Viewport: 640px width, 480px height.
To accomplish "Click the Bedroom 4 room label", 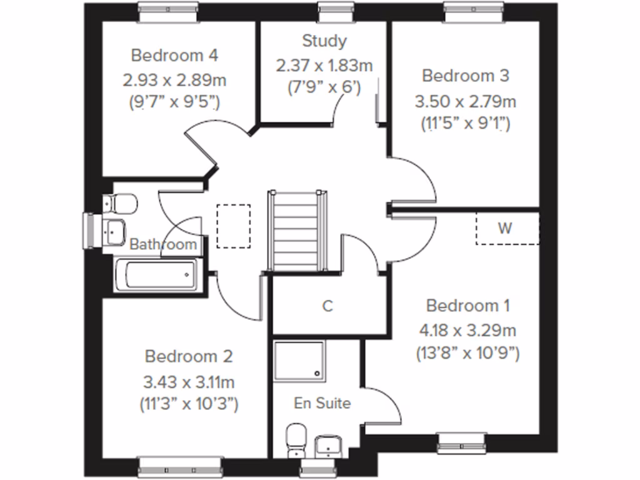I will point(174,56).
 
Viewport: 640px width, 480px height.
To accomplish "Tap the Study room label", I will point(324,41).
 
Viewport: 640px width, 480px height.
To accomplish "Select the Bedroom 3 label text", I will point(466,76).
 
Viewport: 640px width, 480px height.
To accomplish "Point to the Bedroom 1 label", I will point(467,306).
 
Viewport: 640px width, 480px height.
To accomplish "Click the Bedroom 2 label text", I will point(189,356).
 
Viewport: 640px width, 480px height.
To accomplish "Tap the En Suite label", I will point(322,403).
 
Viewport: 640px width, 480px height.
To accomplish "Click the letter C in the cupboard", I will point(327,306).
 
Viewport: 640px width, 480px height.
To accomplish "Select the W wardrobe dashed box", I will point(507,228).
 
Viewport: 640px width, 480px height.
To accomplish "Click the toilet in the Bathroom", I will point(119,204).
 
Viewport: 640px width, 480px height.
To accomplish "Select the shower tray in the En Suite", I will point(299,361).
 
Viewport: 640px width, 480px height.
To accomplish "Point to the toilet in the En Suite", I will point(295,440).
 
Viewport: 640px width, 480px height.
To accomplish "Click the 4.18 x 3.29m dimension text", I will point(467,330).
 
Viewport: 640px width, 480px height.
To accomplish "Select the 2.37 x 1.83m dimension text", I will point(324,65).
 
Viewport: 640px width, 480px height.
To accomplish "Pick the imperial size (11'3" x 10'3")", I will point(189,404).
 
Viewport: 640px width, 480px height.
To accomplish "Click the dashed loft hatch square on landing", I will point(233,226).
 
